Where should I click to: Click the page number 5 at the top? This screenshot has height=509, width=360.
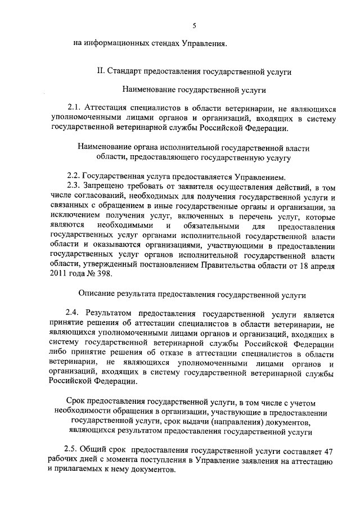pos(194,25)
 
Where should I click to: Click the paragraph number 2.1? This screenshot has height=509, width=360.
pos(74,108)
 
